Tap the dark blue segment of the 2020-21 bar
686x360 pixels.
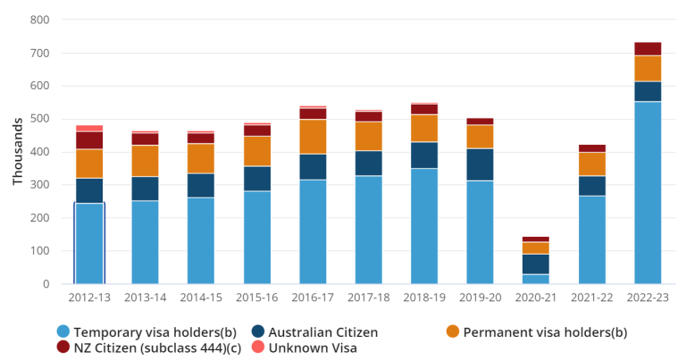click(536, 264)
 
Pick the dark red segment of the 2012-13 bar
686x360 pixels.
click(89, 140)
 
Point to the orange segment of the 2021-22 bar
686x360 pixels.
click(592, 164)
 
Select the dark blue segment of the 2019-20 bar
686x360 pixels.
click(481, 164)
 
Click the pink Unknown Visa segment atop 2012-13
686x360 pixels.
click(89, 128)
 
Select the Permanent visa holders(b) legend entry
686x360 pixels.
click(537, 332)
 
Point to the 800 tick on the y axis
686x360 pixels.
click(39, 20)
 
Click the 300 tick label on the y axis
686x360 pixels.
click(39, 185)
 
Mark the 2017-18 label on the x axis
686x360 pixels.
click(369, 296)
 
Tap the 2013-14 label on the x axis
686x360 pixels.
click(146, 296)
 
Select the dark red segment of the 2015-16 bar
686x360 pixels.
click(257, 130)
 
